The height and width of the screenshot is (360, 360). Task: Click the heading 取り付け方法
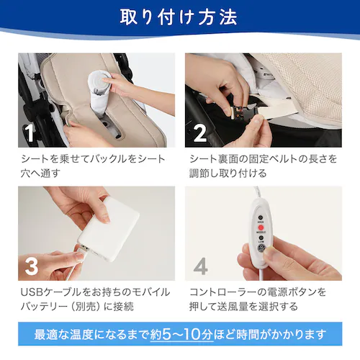pyautogui.click(x=179, y=17)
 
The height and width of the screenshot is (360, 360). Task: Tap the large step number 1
pyautogui.click(x=30, y=132)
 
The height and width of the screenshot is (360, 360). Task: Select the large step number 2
pyautogui.click(x=200, y=133)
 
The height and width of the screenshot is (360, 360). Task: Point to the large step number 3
pyautogui.click(x=32, y=266)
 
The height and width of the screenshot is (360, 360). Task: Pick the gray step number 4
pyautogui.click(x=200, y=266)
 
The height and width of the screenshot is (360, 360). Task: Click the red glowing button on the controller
pyautogui.click(x=261, y=228)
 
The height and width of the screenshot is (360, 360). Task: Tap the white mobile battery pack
pyautogui.click(x=109, y=230)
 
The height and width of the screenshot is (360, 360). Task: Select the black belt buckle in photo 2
pyautogui.click(x=244, y=113)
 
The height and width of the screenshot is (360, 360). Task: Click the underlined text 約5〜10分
pyautogui.click(x=181, y=334)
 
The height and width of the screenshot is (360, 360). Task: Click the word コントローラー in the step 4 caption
pyautogui.click(x=222, y=292)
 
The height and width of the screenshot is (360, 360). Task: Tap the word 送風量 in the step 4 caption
pyautogui.click(x=231, y=307)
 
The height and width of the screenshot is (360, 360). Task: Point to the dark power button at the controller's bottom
pyautogui.click(x=261, y=248)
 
